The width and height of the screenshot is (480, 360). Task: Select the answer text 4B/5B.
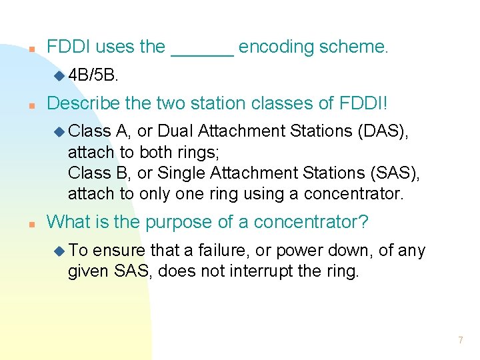93,75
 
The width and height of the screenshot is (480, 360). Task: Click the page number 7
460,341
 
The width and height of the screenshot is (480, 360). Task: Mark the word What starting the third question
68,221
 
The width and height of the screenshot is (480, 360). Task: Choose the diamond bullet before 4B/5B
59,75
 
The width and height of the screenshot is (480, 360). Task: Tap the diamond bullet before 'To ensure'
59,251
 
